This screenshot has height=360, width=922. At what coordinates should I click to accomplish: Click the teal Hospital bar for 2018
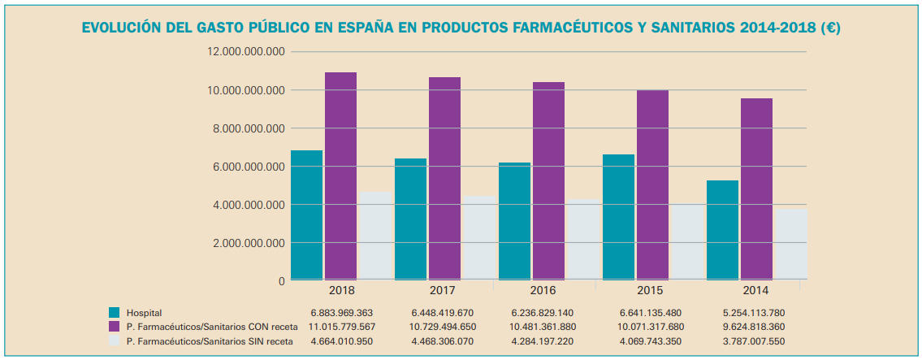[x=306, y=215]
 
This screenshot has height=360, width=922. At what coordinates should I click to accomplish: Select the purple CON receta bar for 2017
[x=444, y=179]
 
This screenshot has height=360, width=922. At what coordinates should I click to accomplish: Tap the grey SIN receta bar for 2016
[x=583, y=240]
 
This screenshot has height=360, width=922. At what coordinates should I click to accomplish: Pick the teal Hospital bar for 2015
[x=618, y=217]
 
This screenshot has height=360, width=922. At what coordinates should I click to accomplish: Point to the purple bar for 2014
[x=756, y=189]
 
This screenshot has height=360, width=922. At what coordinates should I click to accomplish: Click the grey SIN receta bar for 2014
[x=791, y=245]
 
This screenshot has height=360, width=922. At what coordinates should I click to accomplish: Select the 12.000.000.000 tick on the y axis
[x=247, y=51]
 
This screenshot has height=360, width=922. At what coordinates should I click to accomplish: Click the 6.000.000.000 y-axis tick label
[x=247, y=167]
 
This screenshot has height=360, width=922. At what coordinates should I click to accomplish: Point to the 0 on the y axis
[x=282, y=281]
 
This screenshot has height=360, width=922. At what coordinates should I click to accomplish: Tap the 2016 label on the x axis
[x=547, y=291]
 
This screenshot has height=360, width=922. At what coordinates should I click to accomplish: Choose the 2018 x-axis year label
[x=342, y=291]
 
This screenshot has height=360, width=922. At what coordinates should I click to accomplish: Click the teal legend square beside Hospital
[x=115, y=313]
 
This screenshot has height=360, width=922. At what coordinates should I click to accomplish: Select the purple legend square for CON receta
[x=115, y=327]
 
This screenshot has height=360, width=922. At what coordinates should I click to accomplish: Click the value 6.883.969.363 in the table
[x=341, y=313]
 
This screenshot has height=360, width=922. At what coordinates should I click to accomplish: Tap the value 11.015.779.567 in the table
[x=341, y=327]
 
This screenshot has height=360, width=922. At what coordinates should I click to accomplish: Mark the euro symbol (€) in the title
[x=829, y=28]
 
